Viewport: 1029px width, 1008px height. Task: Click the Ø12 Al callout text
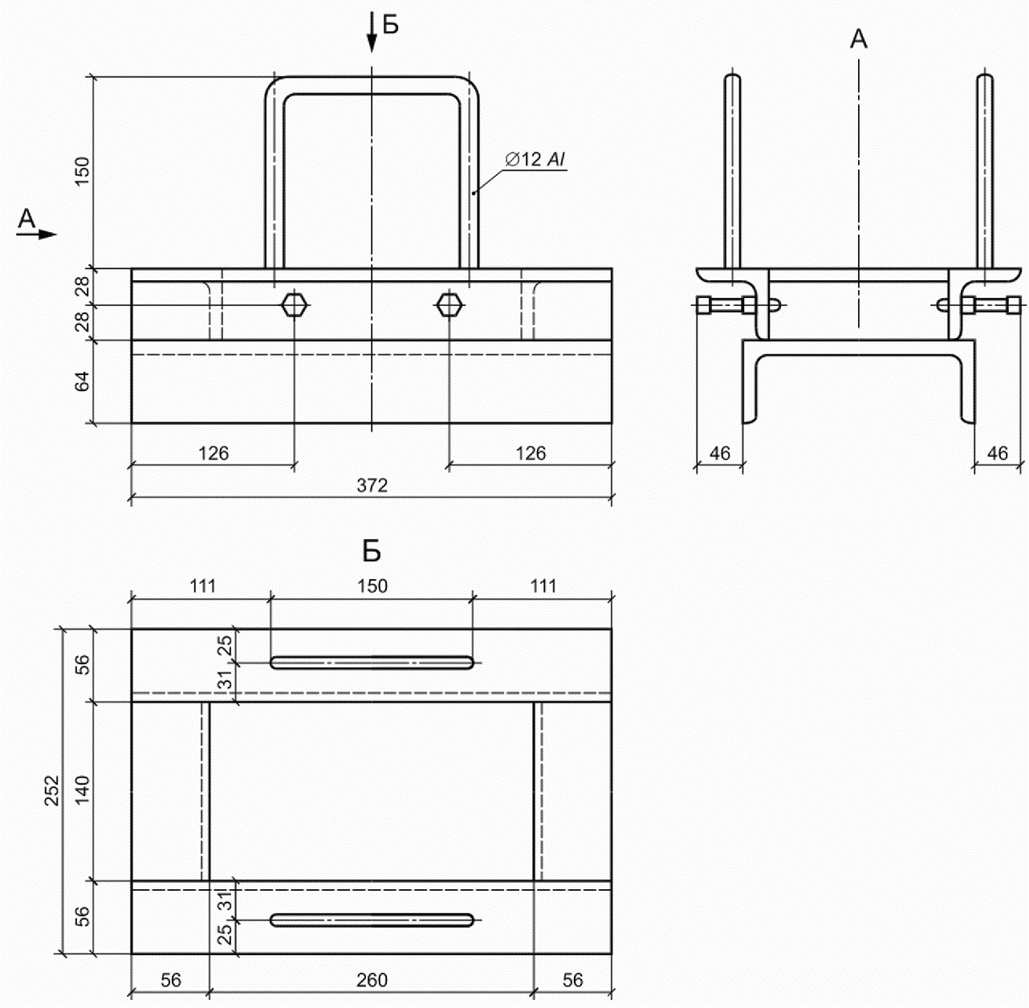(535, 159)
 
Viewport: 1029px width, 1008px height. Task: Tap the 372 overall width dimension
(372, 485)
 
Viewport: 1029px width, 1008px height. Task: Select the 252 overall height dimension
(52, 790)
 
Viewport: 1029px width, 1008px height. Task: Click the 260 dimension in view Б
(372, 980)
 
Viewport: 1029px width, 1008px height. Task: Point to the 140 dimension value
(82, 790)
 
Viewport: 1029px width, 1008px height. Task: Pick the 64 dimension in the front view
(82, 382)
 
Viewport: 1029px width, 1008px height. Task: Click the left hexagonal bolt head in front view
(295, 305)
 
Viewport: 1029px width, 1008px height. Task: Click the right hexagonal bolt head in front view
(449, 305)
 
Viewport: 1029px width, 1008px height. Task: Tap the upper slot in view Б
(372, 663)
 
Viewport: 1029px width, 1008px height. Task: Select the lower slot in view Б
(372, 920)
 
